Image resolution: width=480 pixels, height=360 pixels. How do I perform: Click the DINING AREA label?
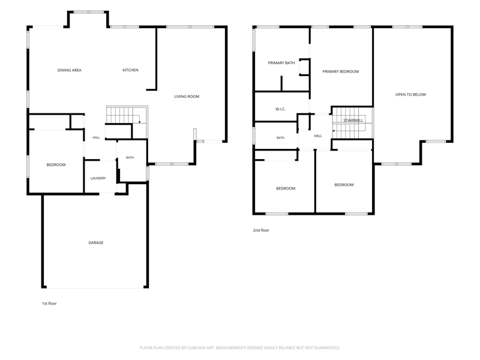click(70, 70)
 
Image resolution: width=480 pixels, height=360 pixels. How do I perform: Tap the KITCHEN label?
click(130, 70)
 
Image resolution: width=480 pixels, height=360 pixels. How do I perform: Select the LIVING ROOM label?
click(187, 97)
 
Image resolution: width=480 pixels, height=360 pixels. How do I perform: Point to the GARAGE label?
click(96, 242)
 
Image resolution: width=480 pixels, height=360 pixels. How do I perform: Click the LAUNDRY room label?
click(98, 178)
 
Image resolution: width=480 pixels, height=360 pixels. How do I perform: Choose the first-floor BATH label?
click(130, 157)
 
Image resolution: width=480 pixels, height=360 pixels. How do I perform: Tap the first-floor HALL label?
click(96, 137)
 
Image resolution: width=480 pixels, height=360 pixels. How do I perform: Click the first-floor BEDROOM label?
click(56, 164)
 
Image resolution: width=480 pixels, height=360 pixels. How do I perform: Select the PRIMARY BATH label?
click(281, 63)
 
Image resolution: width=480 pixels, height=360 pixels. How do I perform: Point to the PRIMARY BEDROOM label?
click(340, 71)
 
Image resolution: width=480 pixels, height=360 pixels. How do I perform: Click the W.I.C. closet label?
click(280, 109)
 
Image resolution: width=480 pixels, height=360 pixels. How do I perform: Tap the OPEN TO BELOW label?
click(410, 95)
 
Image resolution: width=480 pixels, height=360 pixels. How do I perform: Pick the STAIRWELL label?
click(353, 121)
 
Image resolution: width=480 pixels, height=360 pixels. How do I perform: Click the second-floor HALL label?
click(318, 136)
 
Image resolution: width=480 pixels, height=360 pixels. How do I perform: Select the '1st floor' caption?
click(49, 304)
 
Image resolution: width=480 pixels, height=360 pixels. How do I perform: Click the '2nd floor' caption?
click(261, 230)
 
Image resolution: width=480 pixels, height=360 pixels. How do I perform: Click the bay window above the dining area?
click(89, 12)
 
